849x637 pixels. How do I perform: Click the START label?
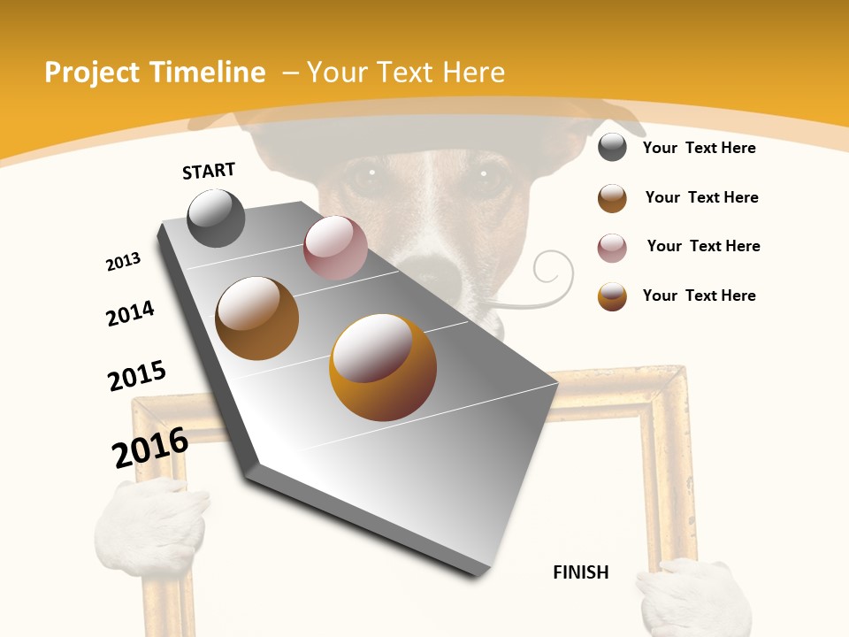209,170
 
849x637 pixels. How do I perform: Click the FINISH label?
581,572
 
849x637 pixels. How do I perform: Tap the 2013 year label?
123,262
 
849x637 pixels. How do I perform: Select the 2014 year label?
130,313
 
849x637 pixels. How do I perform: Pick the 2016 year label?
150,447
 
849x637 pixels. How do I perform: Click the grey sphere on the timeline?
217,218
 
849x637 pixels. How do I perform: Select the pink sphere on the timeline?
335,248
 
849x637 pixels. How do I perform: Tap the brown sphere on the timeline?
257,318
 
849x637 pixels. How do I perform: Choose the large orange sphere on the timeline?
383,367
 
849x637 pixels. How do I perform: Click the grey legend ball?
612,147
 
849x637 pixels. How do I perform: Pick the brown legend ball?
612,198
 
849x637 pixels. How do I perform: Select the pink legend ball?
612,248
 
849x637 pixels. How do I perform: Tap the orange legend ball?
612,296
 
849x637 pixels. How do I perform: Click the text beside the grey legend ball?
699,148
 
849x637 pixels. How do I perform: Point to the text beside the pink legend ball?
703,246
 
